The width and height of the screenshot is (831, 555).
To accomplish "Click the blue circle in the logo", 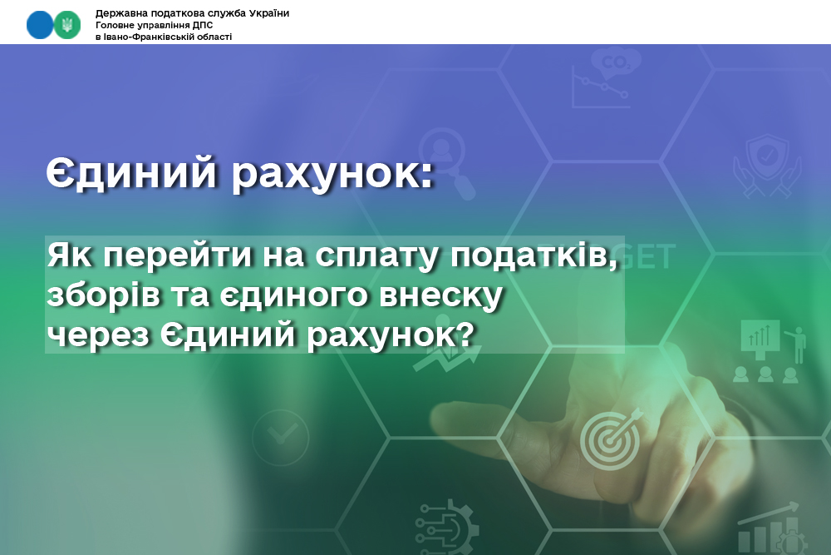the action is tap(40, 24).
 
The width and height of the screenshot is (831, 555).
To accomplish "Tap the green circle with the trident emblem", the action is tap(67, 24).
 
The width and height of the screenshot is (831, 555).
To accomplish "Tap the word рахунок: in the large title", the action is tap(333, 173).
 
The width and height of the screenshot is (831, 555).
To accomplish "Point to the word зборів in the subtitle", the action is tap(103, 296).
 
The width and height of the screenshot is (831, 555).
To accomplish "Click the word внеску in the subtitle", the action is tap(441, 296).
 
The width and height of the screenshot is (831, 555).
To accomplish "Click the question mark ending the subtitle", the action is tap(465, 333).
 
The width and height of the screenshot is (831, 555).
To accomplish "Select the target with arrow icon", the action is tap(610, 439).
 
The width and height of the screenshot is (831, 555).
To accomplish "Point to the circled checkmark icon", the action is tap(280, 437).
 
